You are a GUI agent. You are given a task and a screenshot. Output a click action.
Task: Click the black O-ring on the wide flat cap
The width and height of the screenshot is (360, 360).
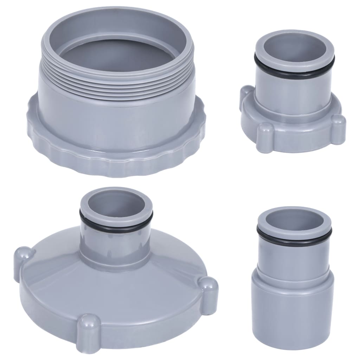coord(116,225)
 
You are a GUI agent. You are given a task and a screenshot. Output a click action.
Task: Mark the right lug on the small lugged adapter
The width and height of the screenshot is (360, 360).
coord(339,130)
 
